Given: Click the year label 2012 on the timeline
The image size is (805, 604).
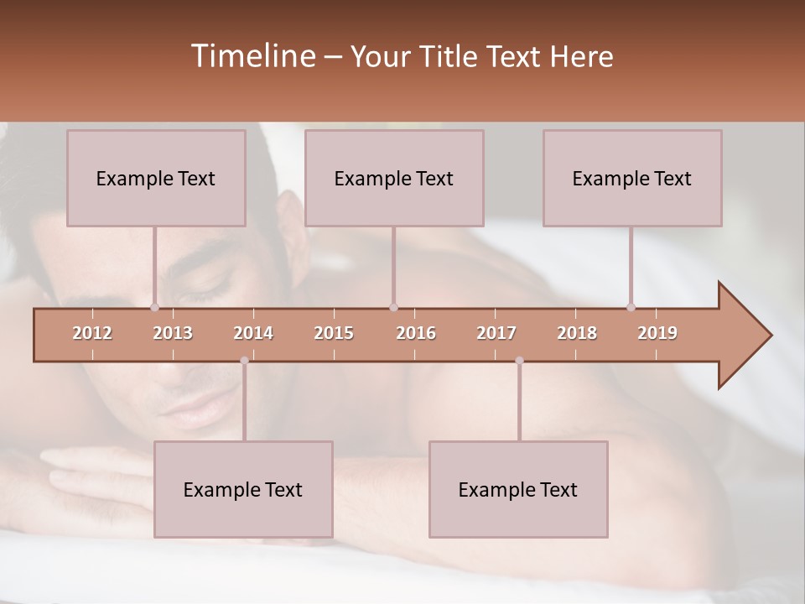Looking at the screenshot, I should pyautogui.click(x=92, y=333).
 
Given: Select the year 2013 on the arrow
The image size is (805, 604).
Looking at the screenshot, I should pyautogui.click(x=173, y=333).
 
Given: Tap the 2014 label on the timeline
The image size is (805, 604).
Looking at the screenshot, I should pyautogui.click(x=253, y=333).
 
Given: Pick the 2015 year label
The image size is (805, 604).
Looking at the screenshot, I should pyautogui.click(x=334, y=333).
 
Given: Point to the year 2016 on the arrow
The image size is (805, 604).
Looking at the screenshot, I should pyautogui.click(x=416, y=333).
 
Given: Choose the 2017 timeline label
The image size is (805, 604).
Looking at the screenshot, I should pyautogui.click(x=496, y=333).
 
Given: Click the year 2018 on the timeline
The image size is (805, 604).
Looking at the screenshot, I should pyautogui.click(x=577, y=333).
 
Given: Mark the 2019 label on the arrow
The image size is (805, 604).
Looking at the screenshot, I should pyautogui.click(x=657, y=333).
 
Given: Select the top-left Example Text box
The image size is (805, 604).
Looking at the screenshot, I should pyautogui.click(x=156, y=178).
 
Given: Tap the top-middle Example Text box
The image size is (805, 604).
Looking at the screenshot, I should pyautogui.click(x=394, y=178).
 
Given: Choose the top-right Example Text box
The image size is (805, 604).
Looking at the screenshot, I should pyautogui.click(x=632, y=178).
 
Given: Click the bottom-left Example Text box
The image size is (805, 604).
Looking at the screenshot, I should pyautogui.click(x=243, y=489).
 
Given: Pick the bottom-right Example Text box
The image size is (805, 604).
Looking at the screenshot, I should pyautogui.click(x=518, y=489).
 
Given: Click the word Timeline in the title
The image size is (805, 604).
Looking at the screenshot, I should pyautogui.click(x=252, y=56).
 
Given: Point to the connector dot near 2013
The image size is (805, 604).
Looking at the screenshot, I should pyautogui.click(x=154, y=308).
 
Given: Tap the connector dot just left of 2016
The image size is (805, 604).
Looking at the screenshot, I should pyautogui.click(x=393, y=308).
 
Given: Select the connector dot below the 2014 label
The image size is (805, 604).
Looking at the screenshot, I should pyautogui.click(x=244, y=361).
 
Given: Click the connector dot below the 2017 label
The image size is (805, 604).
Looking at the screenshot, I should pyautogui.click(x=519, y=361).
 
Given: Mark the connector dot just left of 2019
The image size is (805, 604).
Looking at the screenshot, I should pyautogui.click(x=631, y=308).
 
